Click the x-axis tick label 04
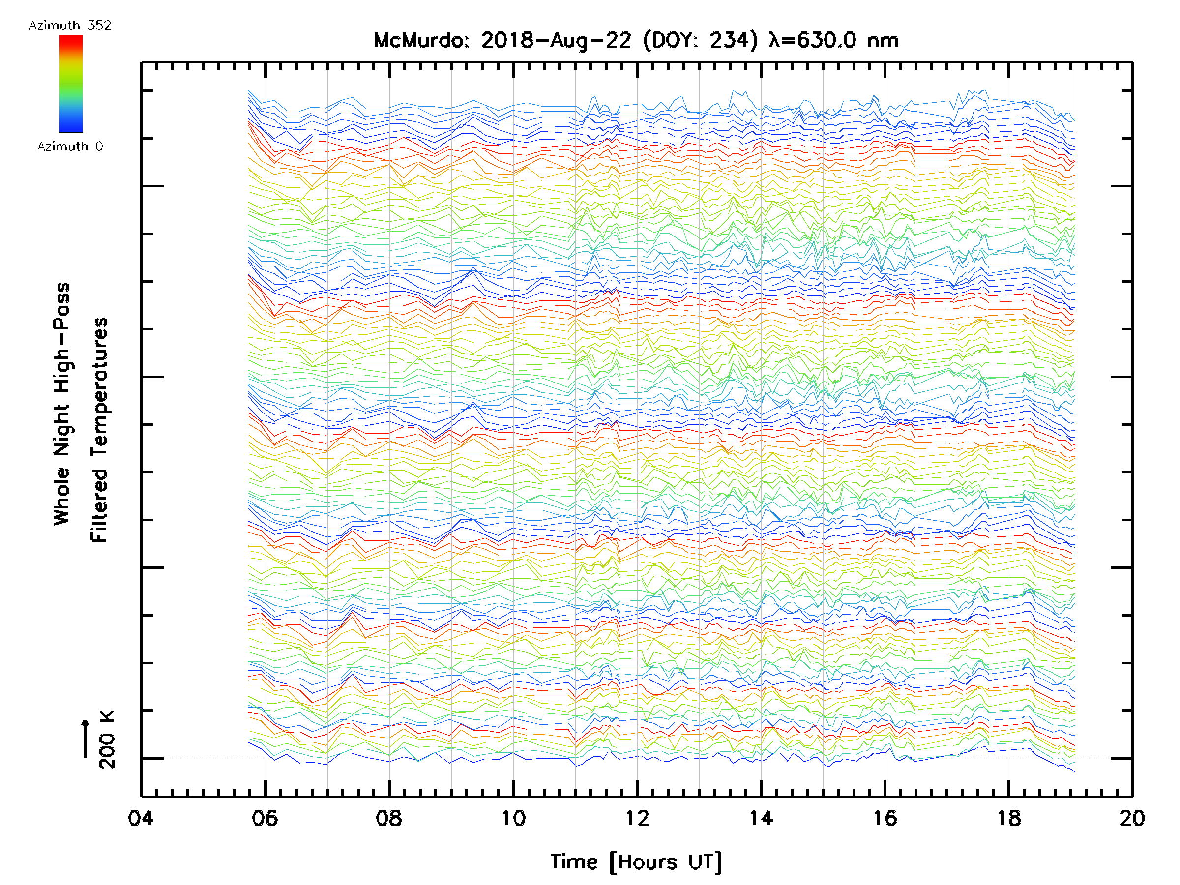pyautogui.click(x=141, y=818)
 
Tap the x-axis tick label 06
pyautogui.click(x=265, y=818)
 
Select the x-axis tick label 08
pyautogui.click(x=389, y=818)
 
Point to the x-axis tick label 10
pyautogui.click(x=513, y=818)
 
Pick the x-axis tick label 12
pyautogui.click(x=637, y=818)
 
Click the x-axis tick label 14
pyautogui.click(x=761, y=818)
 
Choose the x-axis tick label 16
pyautogui.click(x=885, y=818)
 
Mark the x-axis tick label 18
pyautogui.click(x=1009, y=818)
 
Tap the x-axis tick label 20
pyautogui.click(x=1132, y=818)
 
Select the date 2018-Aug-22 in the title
pyautogui.click(x=556, y=40)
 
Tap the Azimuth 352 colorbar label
pyautogui.click(x=70, y=26)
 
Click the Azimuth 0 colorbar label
pyautogui.click(x=70, y=146)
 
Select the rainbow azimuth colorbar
pyautogui.click(x=71, y=84)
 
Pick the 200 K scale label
pyautogui.click(x=107, y=740)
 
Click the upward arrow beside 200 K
pyautogui.click(x=86, y=738)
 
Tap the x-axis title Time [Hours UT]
pyautogui.click(x=636, y=862)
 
